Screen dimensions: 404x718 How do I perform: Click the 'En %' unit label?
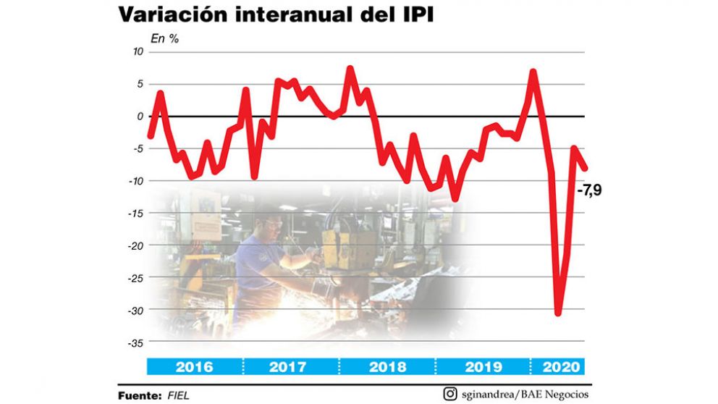click(x=164, y=38)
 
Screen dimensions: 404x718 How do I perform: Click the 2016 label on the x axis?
click(x=194, y=367)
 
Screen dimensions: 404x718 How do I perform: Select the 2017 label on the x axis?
click(x=287, y=367)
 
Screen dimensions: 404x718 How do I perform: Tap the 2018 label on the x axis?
click(x=387, y=367)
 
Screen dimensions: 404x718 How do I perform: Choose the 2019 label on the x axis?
click(x=483, y=367)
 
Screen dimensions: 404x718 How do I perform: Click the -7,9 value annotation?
click(x=589, y=191)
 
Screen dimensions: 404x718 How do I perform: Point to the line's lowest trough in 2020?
click(x=557, y=313)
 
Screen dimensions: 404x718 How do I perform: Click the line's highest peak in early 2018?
click(x=350, y=69)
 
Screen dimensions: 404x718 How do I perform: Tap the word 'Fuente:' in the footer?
click(x=139, y=395)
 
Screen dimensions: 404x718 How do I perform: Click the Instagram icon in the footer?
click(x=450, y=395)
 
